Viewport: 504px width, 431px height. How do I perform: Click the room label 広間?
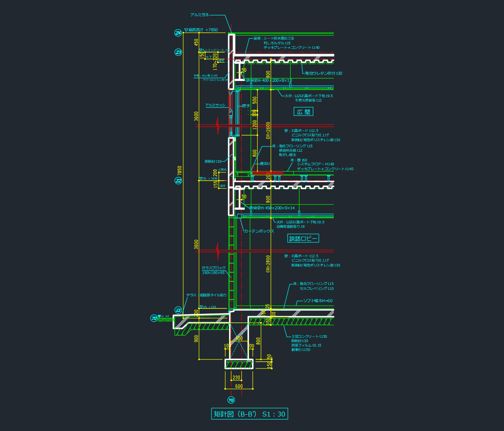click(303, 112)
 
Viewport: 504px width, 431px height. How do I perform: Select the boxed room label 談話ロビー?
click(303, 238)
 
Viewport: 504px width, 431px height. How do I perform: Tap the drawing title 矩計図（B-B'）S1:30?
click(250, 414)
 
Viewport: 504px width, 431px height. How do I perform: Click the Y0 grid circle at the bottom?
click(231, 400)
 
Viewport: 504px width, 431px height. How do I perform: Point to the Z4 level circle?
click(178, 33)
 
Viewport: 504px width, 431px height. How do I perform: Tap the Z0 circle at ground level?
click(154, 318)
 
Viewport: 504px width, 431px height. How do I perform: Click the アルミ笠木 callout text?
click(199, 15)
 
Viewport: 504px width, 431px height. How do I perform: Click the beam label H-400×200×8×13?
click(269, 80)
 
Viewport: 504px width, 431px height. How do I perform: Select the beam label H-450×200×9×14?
click(272, 208)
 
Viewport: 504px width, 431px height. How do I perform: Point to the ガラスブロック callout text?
click(213, 268)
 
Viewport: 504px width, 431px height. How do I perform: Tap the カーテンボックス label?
click(259, 231)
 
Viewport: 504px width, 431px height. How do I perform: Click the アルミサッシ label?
click(215, 105)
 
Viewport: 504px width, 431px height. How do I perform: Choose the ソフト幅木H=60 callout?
click(318, 301)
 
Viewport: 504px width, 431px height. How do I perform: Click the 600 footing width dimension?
click(239, 386)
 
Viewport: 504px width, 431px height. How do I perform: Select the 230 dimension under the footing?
click(237, 377)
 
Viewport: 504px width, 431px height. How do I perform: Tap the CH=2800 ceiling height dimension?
click(268, 264)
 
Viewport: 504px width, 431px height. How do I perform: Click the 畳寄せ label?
click(265, 164)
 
